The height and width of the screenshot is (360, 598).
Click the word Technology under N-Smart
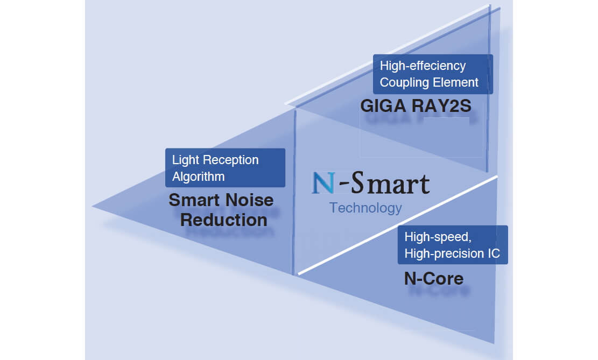click(365, 208)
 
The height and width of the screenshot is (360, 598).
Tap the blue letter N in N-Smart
click(323, 183)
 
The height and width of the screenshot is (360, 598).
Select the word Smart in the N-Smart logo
click(390, 183)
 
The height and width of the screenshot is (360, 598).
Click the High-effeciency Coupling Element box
click(433, 74)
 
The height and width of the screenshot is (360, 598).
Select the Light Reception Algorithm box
click(225, 168)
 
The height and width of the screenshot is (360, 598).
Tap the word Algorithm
click(198, 177)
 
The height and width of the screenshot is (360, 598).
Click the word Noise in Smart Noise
click(249, 201)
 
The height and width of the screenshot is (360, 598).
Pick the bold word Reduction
click(224, 220)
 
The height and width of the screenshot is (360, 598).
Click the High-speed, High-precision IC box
click(453, 245)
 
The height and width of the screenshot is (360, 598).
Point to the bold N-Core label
click(433, 278)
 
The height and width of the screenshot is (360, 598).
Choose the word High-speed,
click(438, 237)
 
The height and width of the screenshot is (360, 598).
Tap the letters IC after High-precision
click(494, 253)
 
